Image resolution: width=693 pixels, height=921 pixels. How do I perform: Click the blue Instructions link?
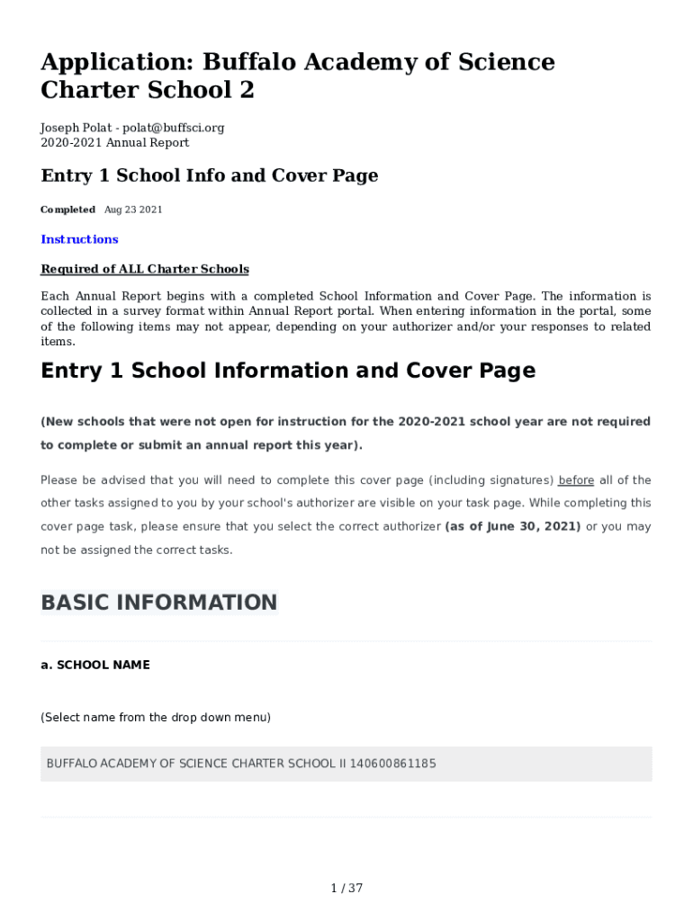(x=79, y=239)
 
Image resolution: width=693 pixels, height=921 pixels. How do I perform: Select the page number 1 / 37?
(x=346, y=889)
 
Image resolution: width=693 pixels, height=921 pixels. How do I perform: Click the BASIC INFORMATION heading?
(x=159, y=603)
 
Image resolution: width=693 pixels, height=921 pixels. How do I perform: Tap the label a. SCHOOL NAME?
(x=95, y=666)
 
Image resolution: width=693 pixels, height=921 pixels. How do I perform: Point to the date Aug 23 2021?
(x=133, y=210)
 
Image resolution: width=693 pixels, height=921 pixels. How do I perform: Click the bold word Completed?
(x=67, y=210)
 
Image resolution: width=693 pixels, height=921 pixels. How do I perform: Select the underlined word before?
(x=576, y=480)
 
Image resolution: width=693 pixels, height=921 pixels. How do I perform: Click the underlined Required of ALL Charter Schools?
(x=145, y=270)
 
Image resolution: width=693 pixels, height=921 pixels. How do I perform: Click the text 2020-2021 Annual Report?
(x=115, y=143)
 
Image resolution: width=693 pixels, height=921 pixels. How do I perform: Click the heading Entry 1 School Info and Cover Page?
(x=210, y=176)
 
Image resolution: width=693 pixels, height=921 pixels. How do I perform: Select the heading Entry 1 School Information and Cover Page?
(x=288, y=371)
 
